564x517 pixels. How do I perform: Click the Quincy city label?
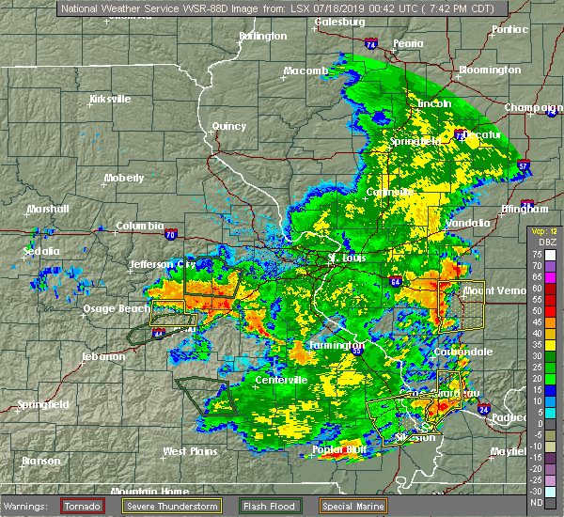coord(228,126)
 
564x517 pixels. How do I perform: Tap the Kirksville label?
coord(109,99)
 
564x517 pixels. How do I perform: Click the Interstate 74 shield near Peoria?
coord(371,44)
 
